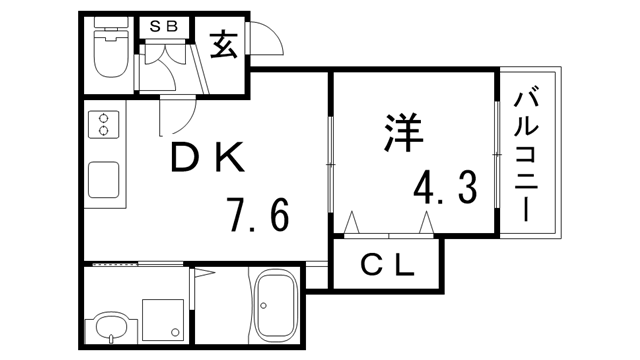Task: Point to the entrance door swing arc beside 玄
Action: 265,40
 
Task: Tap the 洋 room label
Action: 400,133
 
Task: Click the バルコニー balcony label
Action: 531,155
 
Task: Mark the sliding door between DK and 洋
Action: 329,165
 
